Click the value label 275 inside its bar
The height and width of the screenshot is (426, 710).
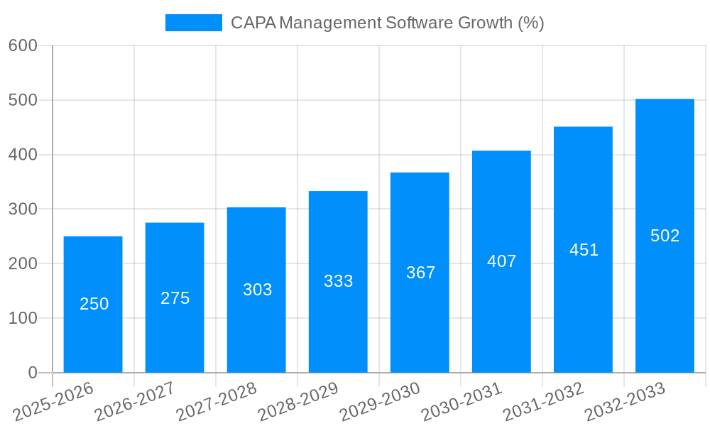point(175,298)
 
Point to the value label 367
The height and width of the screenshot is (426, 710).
point(420,273)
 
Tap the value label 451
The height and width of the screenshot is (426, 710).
point(584,250)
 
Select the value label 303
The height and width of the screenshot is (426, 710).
point(257,290)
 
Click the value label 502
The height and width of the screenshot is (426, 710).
point(665,236)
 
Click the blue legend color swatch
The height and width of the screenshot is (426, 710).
point(193,23)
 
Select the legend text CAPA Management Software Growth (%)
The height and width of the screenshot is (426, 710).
point(387,23)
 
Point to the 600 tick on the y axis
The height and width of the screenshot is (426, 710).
point(23,45)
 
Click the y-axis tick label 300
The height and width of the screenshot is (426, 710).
point(23,209)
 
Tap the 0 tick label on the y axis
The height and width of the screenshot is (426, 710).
point(32,373)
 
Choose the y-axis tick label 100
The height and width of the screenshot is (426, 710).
point(23,318)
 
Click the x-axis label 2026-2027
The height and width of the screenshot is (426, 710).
point(135,401)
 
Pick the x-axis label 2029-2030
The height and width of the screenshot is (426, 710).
point(380,401)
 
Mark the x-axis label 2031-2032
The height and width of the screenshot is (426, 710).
point(543,401)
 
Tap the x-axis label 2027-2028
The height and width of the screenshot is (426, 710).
point(217,401)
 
